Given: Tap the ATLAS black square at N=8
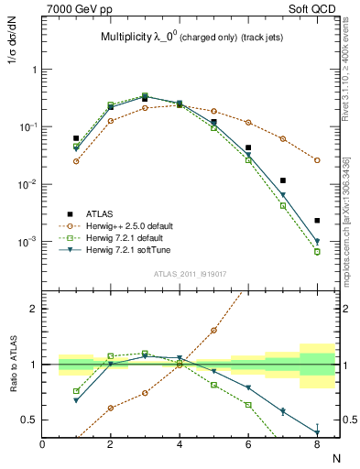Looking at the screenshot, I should (317, 221).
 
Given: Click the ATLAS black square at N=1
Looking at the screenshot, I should (76, 138).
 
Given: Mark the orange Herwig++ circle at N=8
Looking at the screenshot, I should (317, 159).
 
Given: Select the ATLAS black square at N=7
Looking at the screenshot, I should (283, 180).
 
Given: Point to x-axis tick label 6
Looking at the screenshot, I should (248, 444).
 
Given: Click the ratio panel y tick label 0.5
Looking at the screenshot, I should (30, 420).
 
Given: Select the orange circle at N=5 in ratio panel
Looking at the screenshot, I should (213, 330).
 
